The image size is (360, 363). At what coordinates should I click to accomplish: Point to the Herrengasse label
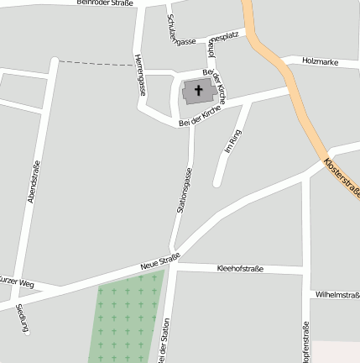point(139,76)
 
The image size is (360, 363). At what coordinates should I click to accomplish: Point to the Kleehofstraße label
point(240,269)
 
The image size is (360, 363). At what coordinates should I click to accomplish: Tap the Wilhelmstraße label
point(337,295)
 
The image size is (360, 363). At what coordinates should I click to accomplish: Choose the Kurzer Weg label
point(17,281)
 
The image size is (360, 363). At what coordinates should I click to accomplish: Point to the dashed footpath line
point(92,63)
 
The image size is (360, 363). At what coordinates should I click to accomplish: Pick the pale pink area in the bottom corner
point(337,352)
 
